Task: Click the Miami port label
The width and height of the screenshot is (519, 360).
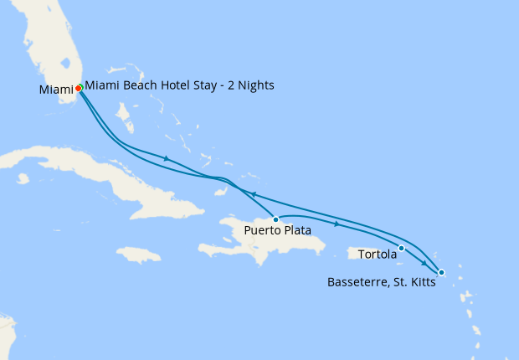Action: pyautogui.click(x=54, y=90)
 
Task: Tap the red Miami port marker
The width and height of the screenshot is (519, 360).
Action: pyautogui.click(x=78, y=87)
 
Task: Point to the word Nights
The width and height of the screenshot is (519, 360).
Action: pyautogui.click(x=254, y=85)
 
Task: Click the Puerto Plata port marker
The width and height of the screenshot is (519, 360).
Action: pyautogui.click(x=275, y=219)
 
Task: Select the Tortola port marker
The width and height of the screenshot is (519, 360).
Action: pyautogui.click(x=402, y=248)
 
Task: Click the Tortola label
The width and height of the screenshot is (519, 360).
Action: pyautogui.click(x=378, y=254)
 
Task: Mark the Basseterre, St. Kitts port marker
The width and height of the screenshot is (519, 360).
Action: pyautogui.click(x=441, y=272)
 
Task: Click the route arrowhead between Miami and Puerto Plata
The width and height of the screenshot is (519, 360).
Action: pyautogui.click(x=167, y=158)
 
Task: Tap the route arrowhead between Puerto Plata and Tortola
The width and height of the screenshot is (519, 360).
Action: pyautogui.click(x=337, y=224)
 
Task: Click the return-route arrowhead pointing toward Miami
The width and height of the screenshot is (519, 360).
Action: pyautogui.click(x=249, y=193)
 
